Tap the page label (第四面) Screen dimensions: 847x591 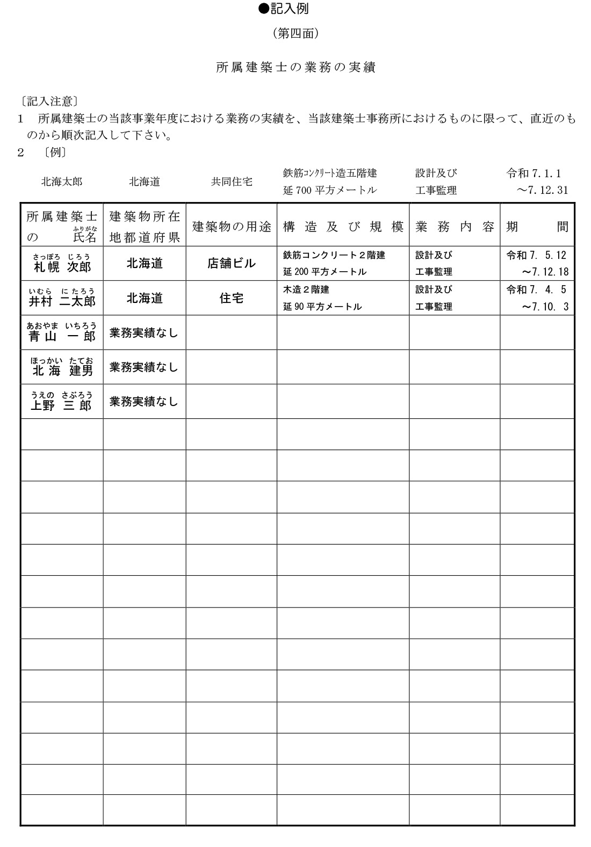[x=296, y=34]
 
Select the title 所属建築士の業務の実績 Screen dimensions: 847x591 [x=295, y=67]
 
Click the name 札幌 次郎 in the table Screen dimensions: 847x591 [x=62, y=267]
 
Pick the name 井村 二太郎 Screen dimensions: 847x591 [x=62, y=301]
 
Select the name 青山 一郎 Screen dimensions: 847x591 [x=62, y=336]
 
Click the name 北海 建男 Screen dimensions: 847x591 [x=62, y=370]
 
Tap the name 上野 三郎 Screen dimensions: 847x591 [x=62, y=404]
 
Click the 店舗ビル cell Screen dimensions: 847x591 [x=232, y=264]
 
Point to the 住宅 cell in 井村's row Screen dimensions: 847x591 [x=232, y=298]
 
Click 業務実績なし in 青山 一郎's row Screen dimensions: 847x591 [x=144, y=333]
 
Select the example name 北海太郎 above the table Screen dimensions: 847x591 [x=62, y=182]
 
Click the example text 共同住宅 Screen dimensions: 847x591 [x=232, y=182]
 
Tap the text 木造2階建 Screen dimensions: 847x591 [x=306, y=289]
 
